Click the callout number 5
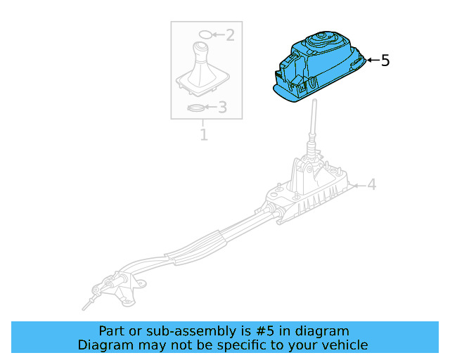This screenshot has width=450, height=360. click(385, 60)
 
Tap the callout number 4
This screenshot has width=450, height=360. click(371, 185)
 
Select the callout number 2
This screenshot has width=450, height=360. click(229, 34)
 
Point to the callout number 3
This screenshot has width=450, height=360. click(222, 108)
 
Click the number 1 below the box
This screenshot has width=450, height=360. click(204, 134)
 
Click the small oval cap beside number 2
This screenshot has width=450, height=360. click(204, 34)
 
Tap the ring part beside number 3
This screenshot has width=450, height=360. click(197, 108)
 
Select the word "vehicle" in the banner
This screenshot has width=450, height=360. click(344, 345)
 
